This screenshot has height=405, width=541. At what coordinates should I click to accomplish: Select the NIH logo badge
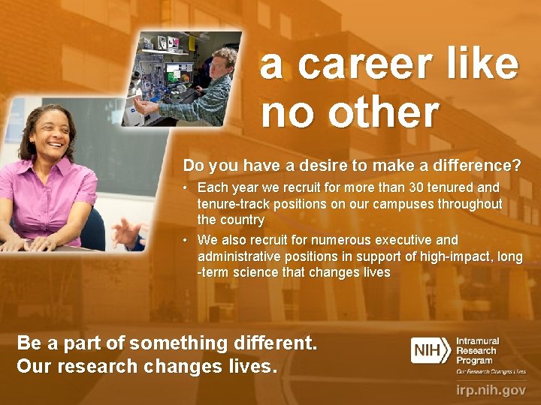[431, 350]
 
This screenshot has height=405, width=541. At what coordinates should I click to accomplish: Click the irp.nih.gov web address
[491, 389]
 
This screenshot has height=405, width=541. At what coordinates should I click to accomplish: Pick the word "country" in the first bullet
[241, 220]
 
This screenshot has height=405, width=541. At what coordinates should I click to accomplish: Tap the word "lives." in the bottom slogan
[253, 367]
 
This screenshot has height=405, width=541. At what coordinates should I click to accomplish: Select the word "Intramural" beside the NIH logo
[477, 341]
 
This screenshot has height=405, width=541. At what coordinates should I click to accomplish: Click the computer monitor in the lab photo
[180, 73]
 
